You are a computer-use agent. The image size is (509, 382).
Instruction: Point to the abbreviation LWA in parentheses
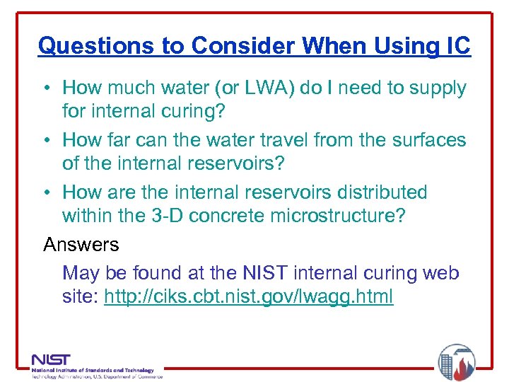(x=267, y=88)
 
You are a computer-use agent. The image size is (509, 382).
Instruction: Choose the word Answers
(x=81, y=245)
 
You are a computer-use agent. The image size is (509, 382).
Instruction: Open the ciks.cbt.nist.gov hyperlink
(x=248, y=296)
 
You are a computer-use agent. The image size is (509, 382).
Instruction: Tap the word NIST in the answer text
(x=262, y=273)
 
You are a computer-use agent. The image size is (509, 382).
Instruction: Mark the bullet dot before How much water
(x=47, y=88)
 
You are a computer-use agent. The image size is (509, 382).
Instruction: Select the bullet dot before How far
(x=47, y=140)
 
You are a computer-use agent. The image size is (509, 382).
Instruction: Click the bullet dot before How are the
(x=47, y=192)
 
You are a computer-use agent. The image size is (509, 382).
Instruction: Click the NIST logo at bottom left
(x=51, y=359)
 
